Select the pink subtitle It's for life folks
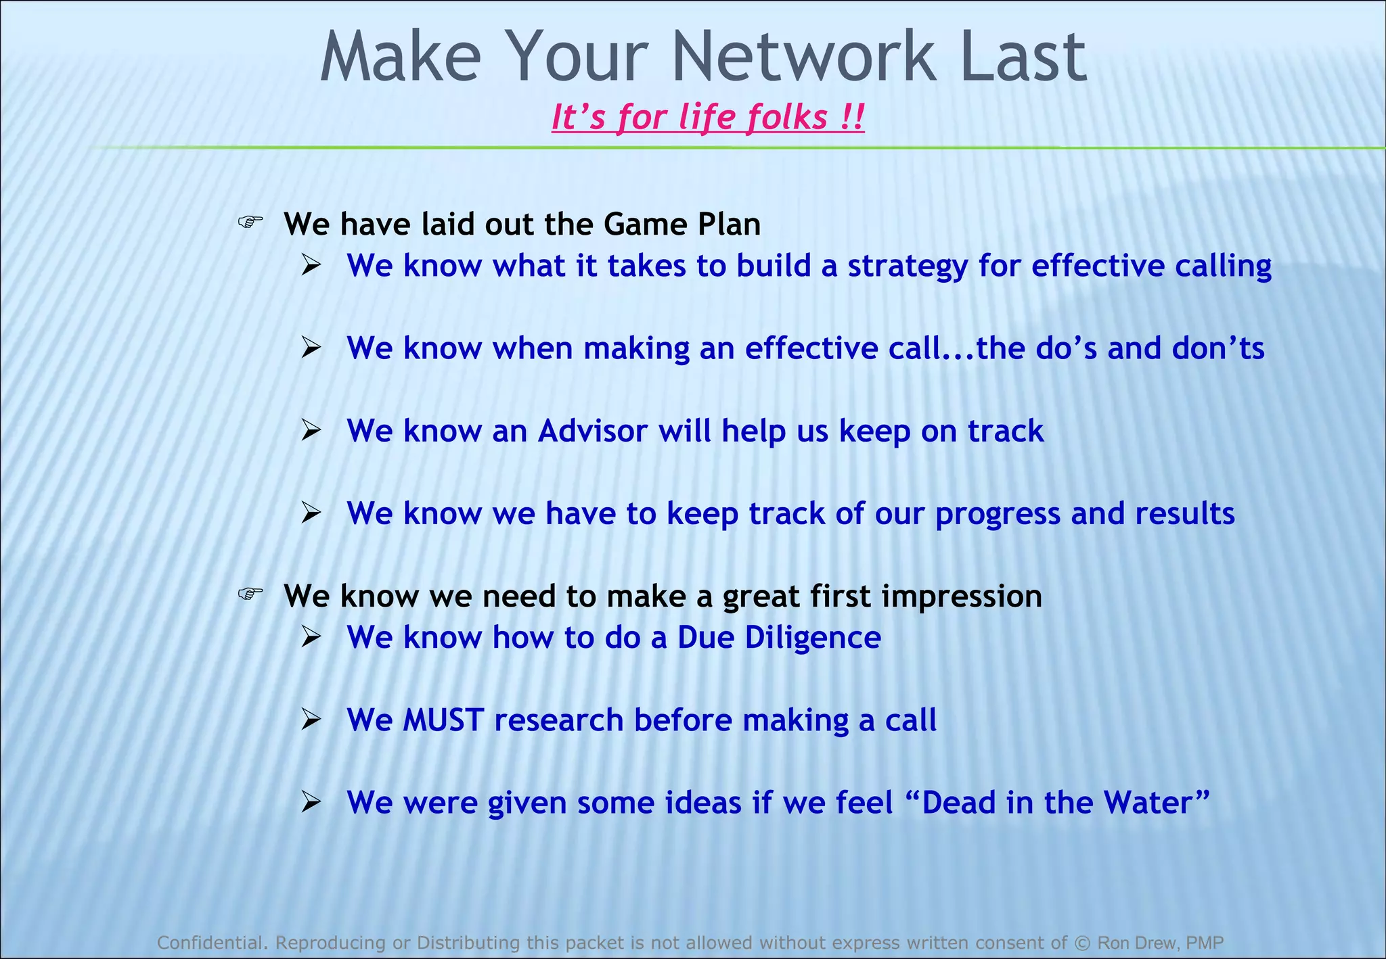coord(707,117)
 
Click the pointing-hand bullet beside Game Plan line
coord(250,222)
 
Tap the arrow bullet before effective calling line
coord(311,265)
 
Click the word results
coord(1184,513)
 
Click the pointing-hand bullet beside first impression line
coord(250,594)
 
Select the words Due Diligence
coord(779,638)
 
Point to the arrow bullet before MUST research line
coord(311,720)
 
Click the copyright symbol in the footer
coord(1082,942)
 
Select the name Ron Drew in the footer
coord(1137,942)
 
